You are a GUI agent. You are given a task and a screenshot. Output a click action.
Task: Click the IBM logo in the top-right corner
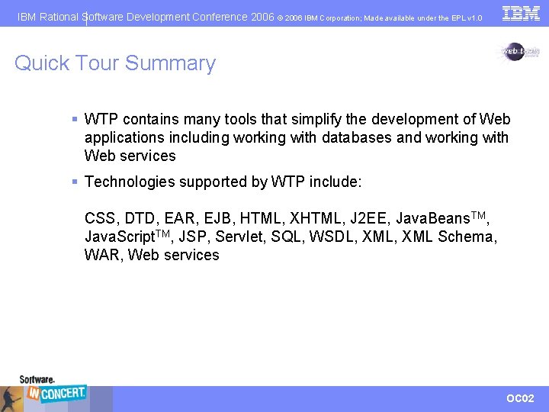521,13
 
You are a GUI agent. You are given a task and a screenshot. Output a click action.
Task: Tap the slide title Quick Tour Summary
115,63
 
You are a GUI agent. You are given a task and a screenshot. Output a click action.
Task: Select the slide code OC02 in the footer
521,398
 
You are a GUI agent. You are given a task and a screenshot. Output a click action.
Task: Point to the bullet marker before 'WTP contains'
75,119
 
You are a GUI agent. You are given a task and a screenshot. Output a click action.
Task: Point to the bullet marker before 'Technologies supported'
75,182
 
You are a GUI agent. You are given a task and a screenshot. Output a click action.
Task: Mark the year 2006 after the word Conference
262,16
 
